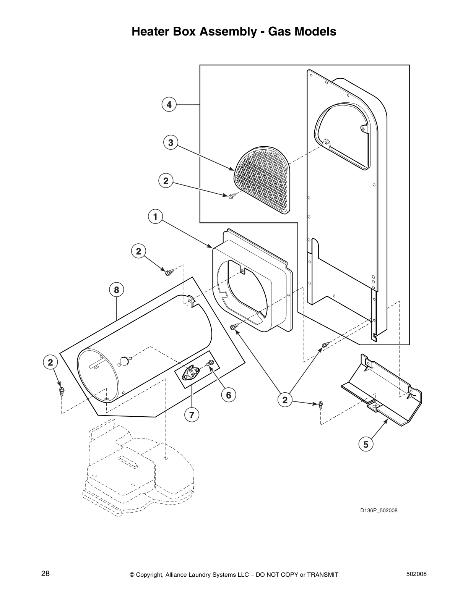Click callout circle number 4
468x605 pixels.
pos(169,104)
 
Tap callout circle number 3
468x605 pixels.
pos(171,143)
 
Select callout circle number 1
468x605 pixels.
pos(155,217)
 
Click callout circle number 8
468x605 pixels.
pos(117,290)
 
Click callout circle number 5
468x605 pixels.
pos(366,445)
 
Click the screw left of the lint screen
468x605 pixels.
pos(231,196)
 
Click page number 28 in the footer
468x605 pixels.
pos(45,574)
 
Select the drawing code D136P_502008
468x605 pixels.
pos(378,510)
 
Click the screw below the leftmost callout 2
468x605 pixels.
pos(62,391)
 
